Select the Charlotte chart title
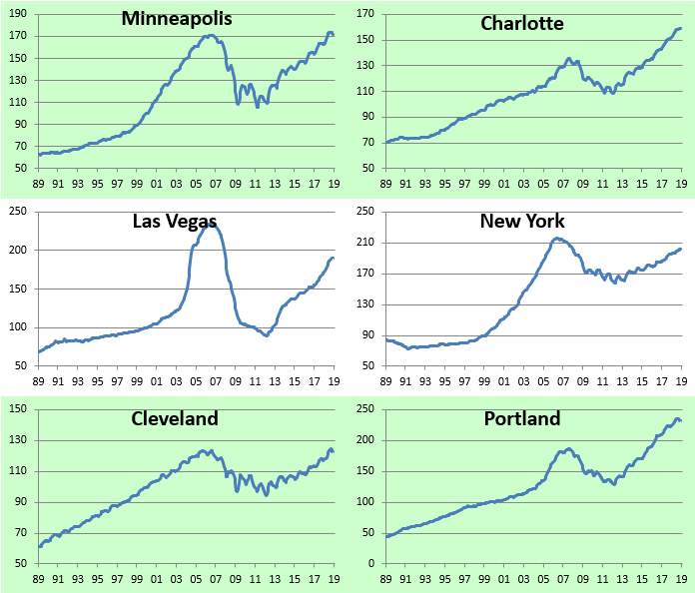tap(522, 23)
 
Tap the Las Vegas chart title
tap(175, 221)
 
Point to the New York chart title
tap(521, 221)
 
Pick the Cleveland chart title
tap(175, 418)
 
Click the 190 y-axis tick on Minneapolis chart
tap(21, 15)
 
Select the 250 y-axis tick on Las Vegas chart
tap(21, 212)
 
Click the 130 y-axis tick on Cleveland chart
tap(21, 440)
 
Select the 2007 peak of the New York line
tap(557, 238)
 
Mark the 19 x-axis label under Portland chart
tap(682, 578)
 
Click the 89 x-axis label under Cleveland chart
tap(39, 578)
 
